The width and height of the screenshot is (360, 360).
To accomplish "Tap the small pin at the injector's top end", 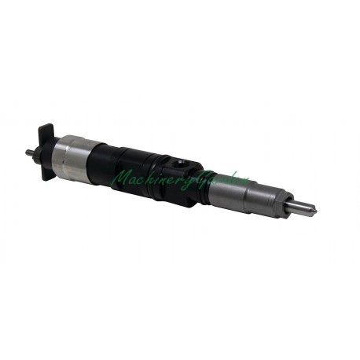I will [x=28, y=152].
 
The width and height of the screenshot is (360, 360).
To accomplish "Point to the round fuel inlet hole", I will [x=180, y=163].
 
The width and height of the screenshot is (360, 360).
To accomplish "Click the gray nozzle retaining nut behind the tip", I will [x=271, y=197].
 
